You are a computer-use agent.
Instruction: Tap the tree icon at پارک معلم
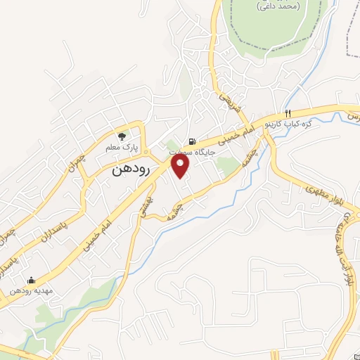pyautogui.click(x=122, y=136)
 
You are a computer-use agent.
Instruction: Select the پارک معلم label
pyautogui.click(x=119, y=148)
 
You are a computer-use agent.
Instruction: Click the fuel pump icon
pyautogui.click(x=191, y=141)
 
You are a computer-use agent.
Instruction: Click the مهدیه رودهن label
pyautogui.click(x=32, y=290)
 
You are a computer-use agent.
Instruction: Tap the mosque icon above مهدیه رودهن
pyautogui.click(x=30, y=279)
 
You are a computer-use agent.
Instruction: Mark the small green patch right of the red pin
pyautogui.click(x=226, y=165)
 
